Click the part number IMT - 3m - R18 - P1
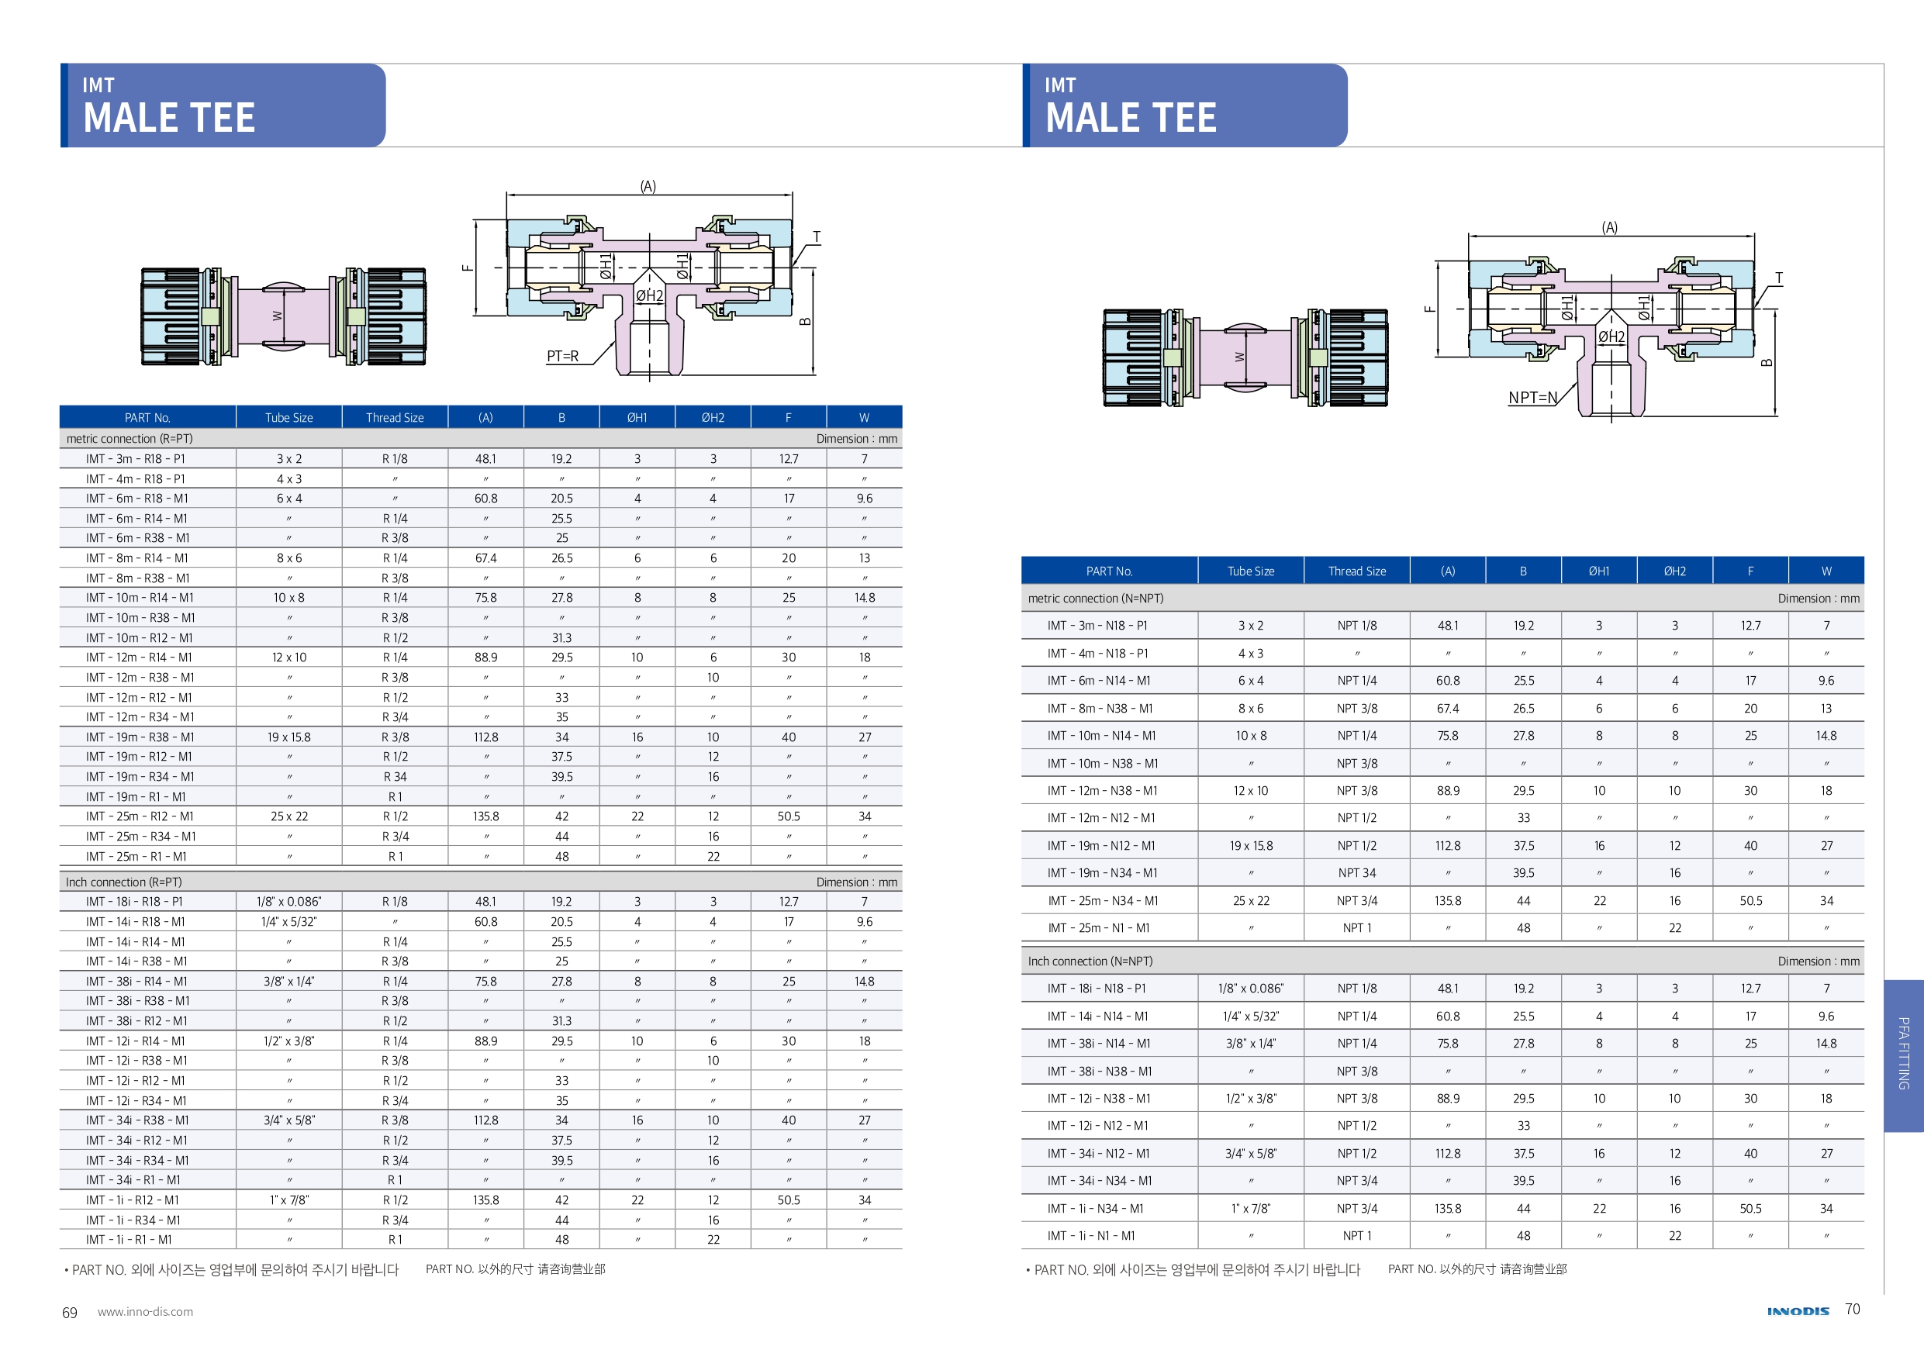(136, 459)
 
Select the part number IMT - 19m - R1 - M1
(136, 797)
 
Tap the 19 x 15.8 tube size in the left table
(289, 737)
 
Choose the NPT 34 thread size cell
(1356, 873)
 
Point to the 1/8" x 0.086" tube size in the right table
(1250, 989)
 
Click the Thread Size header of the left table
(395, 417)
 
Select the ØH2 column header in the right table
(1674, 571)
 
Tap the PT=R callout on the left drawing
(562, 356)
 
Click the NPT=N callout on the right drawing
(1532, 397)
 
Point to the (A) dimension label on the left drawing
(648, 186)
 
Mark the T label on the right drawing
(1778, 278)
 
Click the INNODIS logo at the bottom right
(1798, 1311)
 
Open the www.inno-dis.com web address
(145, 1312)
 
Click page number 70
(1852, 1309)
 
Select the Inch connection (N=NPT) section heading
(1090, 961)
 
